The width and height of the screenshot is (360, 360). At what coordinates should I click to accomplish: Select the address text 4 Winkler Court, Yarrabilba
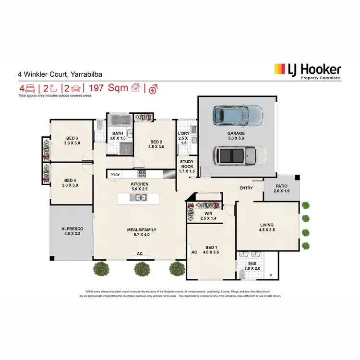click(x=60, y=75)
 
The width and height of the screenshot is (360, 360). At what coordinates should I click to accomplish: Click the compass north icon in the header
click(x=154, y=88)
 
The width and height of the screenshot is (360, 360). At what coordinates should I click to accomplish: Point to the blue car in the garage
click(x=238, y=115)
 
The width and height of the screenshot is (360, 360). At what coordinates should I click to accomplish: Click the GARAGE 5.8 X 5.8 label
click(x=236, y=136)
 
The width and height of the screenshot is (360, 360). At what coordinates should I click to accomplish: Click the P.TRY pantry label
click(x=115, y=175)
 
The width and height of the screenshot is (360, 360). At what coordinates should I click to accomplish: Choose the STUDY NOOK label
click(x=187, y=165)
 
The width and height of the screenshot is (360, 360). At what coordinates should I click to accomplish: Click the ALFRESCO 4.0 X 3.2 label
click(x=71, y=231)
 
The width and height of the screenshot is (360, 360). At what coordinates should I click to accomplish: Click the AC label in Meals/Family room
click(x=140, y=253)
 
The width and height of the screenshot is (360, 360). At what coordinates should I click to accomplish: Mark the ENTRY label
click(x=246, y=188)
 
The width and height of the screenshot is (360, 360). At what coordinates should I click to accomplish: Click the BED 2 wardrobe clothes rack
click(x=144, y=117)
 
